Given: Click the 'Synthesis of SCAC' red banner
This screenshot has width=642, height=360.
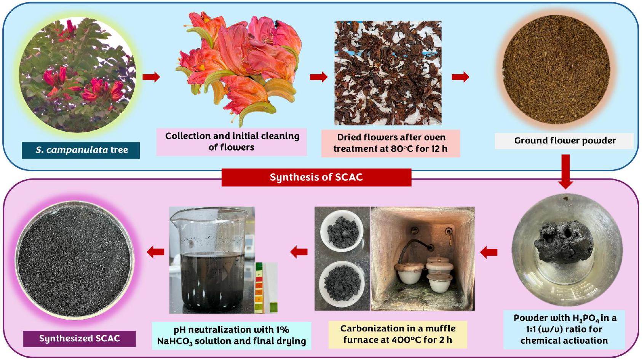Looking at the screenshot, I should click(x=316, y=177).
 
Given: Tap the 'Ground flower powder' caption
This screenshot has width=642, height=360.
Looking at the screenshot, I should click(x=565, y=141).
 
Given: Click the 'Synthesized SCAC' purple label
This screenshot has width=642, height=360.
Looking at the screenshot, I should click(x=79, y=338).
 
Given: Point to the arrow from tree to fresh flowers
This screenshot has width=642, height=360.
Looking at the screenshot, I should click(x=151, y=77).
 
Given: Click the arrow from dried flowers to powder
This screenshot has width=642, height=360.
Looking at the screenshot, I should click(x=460, y=77).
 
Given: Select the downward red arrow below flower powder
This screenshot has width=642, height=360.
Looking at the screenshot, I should click(x=565, y=171).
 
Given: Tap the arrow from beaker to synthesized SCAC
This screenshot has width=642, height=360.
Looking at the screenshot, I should click(x=156, y=252).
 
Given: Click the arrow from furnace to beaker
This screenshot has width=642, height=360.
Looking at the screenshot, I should click(x=299, y=252).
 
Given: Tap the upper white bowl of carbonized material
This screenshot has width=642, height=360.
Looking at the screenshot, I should click(x=342, y=232).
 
